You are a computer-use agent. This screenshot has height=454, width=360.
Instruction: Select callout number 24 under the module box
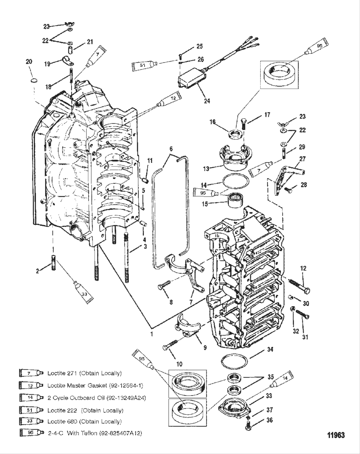pyautogui.click(x=207, y=101)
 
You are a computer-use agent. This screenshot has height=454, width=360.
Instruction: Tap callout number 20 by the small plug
pyautogui.click(x=29, y=62)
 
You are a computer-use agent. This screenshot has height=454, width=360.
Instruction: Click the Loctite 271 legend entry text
pyautogui.click(x=85, y=373)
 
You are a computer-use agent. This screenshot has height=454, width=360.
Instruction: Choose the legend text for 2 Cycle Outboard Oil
pyautogui.click(x=96, y=398)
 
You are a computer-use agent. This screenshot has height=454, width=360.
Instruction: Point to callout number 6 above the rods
pyautogui.click(x=171, y=149)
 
